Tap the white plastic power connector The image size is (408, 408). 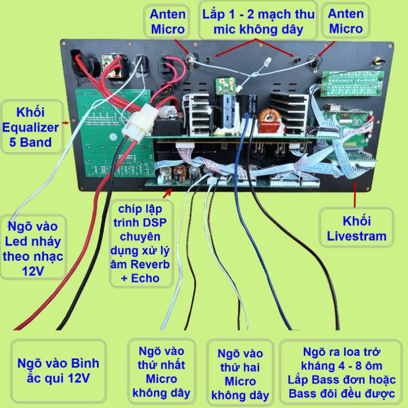pyautogui.click(x=140, y=122)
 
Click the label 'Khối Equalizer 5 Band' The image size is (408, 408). pyautogui.click(x=30, y=127)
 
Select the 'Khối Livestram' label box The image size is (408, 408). pyautogui.click(x=356, y=228)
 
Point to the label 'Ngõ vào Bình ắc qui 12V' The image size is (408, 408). pyautogui.click(x=58, y=370)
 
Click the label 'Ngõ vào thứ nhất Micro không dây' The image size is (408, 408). pyautogui.click(x=161, y=371)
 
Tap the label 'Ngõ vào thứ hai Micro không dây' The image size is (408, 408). pyautogui.click(x=240, y=373)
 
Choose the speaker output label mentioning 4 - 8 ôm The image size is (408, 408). pyautogui.click(x=341, y=372)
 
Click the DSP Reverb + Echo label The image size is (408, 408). pyautogui.click(x=140, y=244)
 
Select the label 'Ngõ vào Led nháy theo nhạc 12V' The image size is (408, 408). pyautogui.click(x=33, y=248)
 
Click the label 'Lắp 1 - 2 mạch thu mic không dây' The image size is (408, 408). pyautogui.click(x=258, y=22)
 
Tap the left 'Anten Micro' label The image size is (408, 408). pyautogui.click(x=167, y=21)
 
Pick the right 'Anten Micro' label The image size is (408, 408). pyautogui.click(x=346, y=21)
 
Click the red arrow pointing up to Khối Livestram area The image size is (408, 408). pyautogui.click(x=355, y=195)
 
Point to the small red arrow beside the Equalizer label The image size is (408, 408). pyautogui.click(x=66, y=123)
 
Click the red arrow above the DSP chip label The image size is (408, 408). pyautogui.click(x=168, y=193)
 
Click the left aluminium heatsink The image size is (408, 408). pyautogui.click(x=197, y=114)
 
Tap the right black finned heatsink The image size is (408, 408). pyautogui.click(x=289, y=113)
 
